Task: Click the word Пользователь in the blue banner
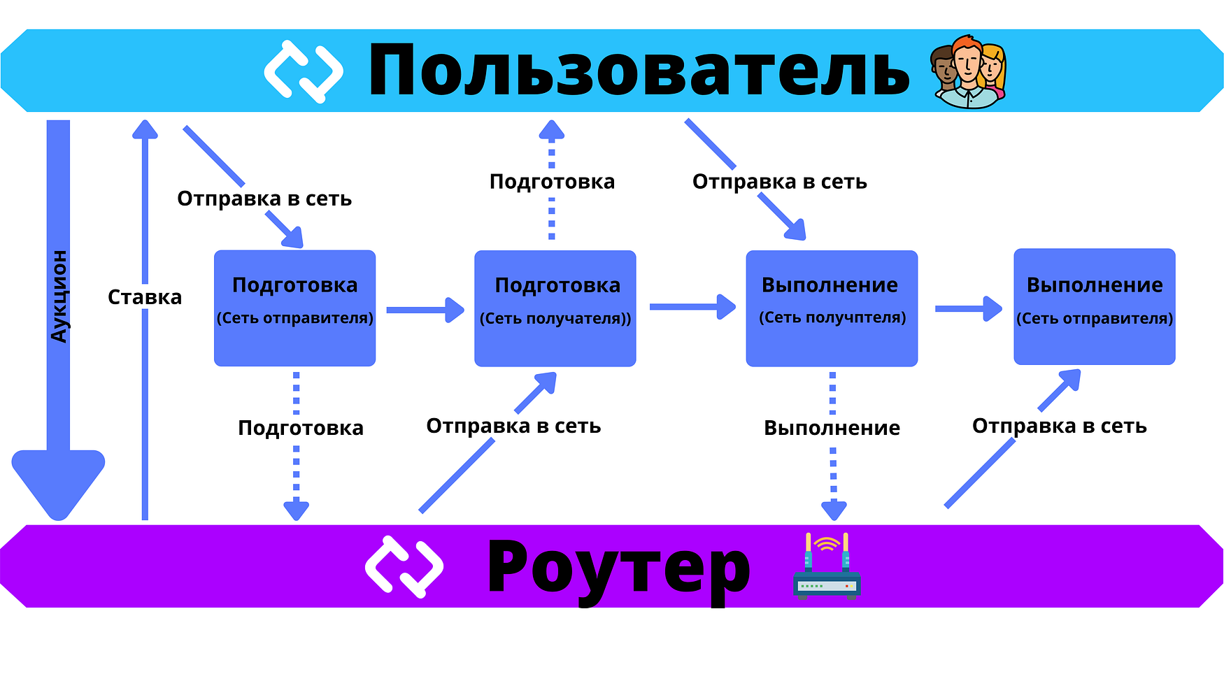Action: (x=638, y=70)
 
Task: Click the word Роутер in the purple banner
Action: (x=618, y=566)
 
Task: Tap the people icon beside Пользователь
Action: (x=968, y=71)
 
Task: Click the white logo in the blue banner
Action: (x=304, y=71)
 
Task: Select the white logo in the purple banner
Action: (x=404, y=566)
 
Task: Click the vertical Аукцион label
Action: (x=59, y=296)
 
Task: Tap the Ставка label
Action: (x=145, y=297)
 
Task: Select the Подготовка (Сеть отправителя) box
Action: (x=294, y=308)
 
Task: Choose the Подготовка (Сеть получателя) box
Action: (x=555, y=308)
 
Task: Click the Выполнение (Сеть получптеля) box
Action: (x=832, y=308)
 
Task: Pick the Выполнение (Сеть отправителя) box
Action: (x=1094, y=306)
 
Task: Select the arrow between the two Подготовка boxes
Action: (x=425, y=309)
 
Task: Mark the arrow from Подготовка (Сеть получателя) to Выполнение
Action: (x=692, y=306)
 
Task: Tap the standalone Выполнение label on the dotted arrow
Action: (x=832, y=427)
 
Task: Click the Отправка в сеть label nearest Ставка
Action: (x=264, y=199)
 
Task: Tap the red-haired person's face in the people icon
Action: (x=968, y=63)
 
